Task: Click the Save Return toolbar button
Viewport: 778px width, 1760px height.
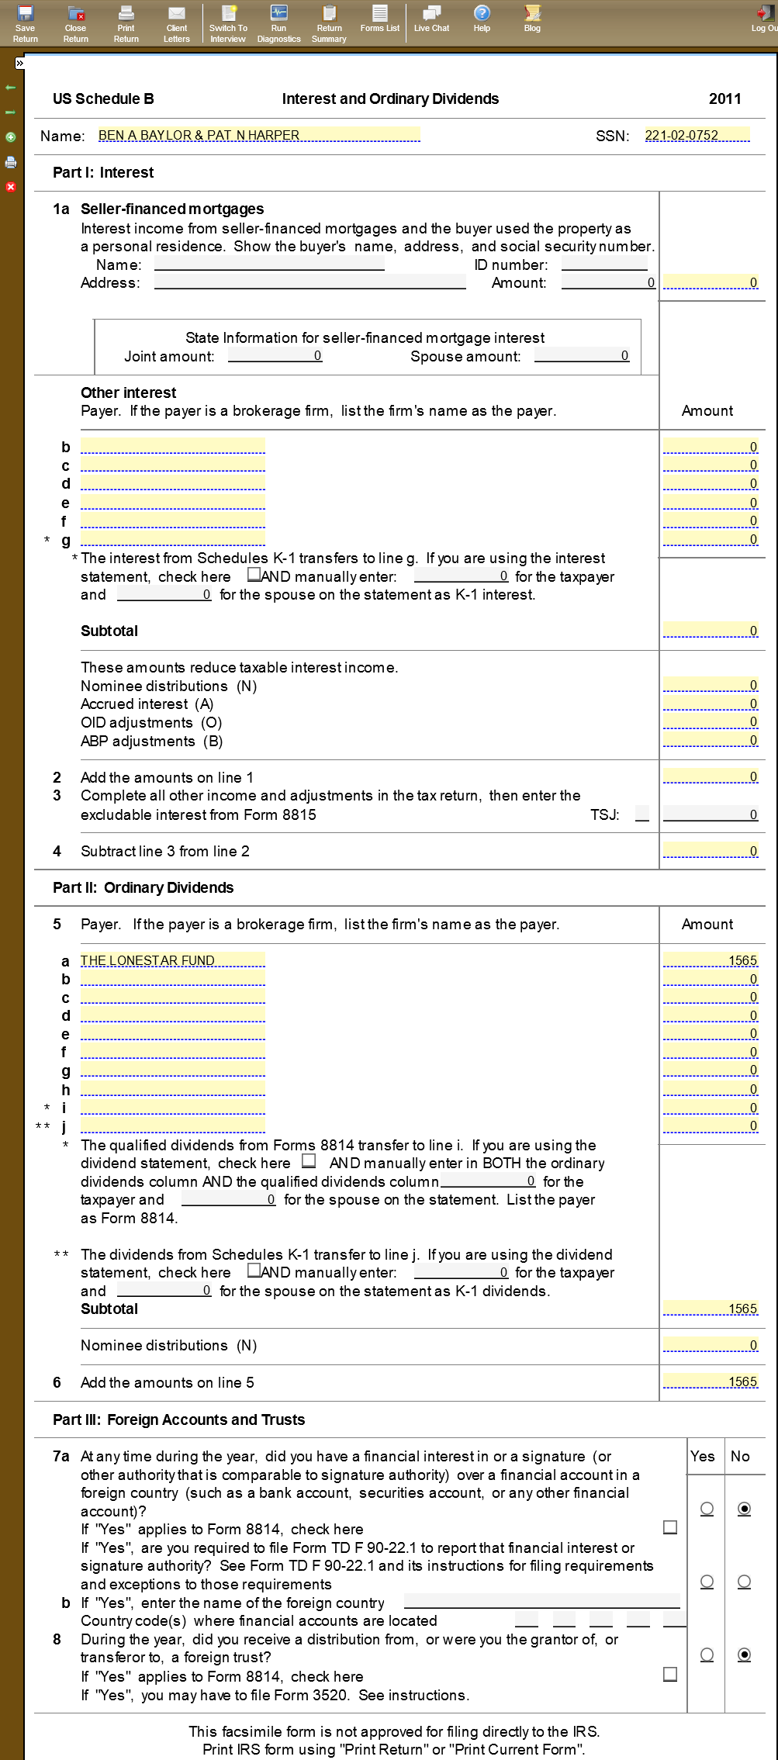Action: (x=26, y=22)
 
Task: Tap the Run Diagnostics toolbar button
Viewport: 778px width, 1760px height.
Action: (x=278, y=22)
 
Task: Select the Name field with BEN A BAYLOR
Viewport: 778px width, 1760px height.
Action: (x=258, y=135)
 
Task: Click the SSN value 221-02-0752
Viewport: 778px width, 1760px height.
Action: (x=697, y=135)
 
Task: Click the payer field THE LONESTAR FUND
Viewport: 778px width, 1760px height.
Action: (x=172, y=960)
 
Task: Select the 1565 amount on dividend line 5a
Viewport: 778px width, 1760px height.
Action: (x=711, y=960)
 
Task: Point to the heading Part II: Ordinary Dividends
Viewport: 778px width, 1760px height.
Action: (x=143, y=887)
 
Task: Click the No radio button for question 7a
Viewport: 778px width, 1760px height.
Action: (x=744, y=1509)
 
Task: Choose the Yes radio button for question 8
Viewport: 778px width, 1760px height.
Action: (x=707, y=1655)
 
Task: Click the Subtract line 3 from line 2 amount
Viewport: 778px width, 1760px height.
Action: (x=711, y=851)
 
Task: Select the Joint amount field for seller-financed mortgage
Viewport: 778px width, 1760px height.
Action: (x=275, y=356)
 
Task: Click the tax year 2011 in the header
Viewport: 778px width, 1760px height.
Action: (x=724, y=99)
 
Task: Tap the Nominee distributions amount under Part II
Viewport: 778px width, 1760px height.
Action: (x=711, y=1345)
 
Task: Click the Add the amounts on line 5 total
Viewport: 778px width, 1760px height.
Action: (x=711, y=1381)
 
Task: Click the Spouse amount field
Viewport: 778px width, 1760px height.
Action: (x=582, y=356)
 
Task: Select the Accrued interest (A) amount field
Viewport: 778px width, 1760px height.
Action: (x=711, y=704)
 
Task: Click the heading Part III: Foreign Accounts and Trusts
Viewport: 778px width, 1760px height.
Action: (x=178, y=1419)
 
